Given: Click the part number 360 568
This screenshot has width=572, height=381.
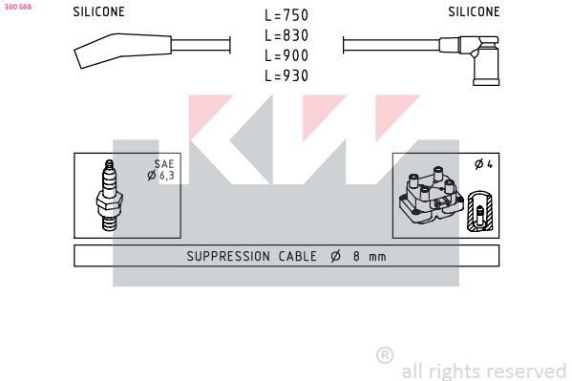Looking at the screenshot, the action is pyautogui.click(x=18, y=7).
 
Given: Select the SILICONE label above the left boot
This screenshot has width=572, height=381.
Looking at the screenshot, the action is pyautogui.click(x=99, y=11).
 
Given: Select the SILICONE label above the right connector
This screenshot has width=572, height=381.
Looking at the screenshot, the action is pyautogui.click(x=474, y=11).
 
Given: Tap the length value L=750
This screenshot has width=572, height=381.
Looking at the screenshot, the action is pyautogui.click(x=286, y=15).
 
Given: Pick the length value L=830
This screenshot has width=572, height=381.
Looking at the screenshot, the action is pyautogui.click(x=286, y=35).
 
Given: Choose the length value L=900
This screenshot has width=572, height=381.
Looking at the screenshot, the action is pyautogui.click(x=286, y=55).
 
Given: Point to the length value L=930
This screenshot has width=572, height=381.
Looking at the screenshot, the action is pyautogui.click(x=286, y=75).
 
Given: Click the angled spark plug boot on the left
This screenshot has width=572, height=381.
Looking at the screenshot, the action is pyautogui.click(x=123, y=50).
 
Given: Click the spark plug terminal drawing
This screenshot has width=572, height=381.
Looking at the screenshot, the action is pyautogui.click(x=110, y=196).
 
